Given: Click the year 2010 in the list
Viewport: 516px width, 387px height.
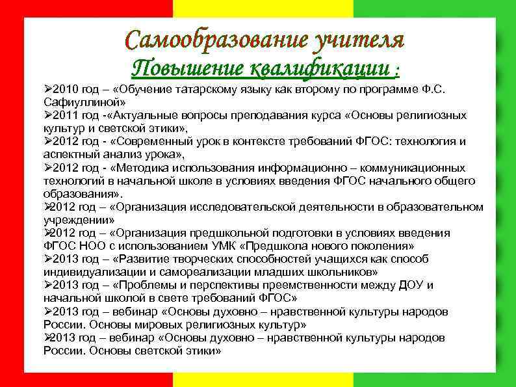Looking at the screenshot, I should point(64,88).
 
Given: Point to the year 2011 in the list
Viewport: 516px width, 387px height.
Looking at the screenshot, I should point(64,114).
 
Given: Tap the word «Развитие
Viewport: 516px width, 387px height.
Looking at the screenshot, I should point(138,259).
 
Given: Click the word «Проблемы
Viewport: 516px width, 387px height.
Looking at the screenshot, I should point(140,285).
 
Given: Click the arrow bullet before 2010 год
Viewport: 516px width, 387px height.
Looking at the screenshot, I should point(48,88).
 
